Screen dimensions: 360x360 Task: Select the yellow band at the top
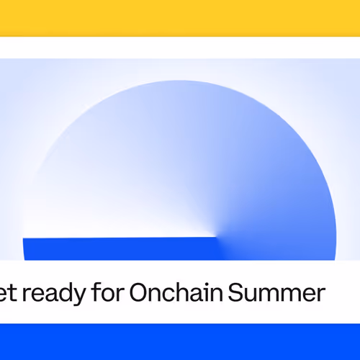(180, 18)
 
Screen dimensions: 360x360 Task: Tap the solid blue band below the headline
(180, 342)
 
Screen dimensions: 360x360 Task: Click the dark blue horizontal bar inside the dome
(119, 248)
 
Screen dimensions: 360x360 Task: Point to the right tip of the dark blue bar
(217, 238)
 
